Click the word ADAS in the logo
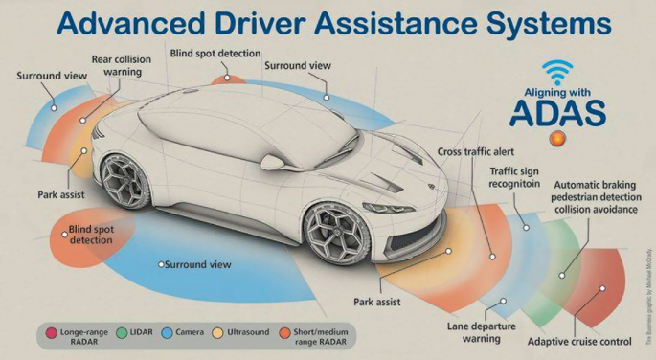point(556,112)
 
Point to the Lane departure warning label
point(481,331)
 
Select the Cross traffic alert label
point(477,151)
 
